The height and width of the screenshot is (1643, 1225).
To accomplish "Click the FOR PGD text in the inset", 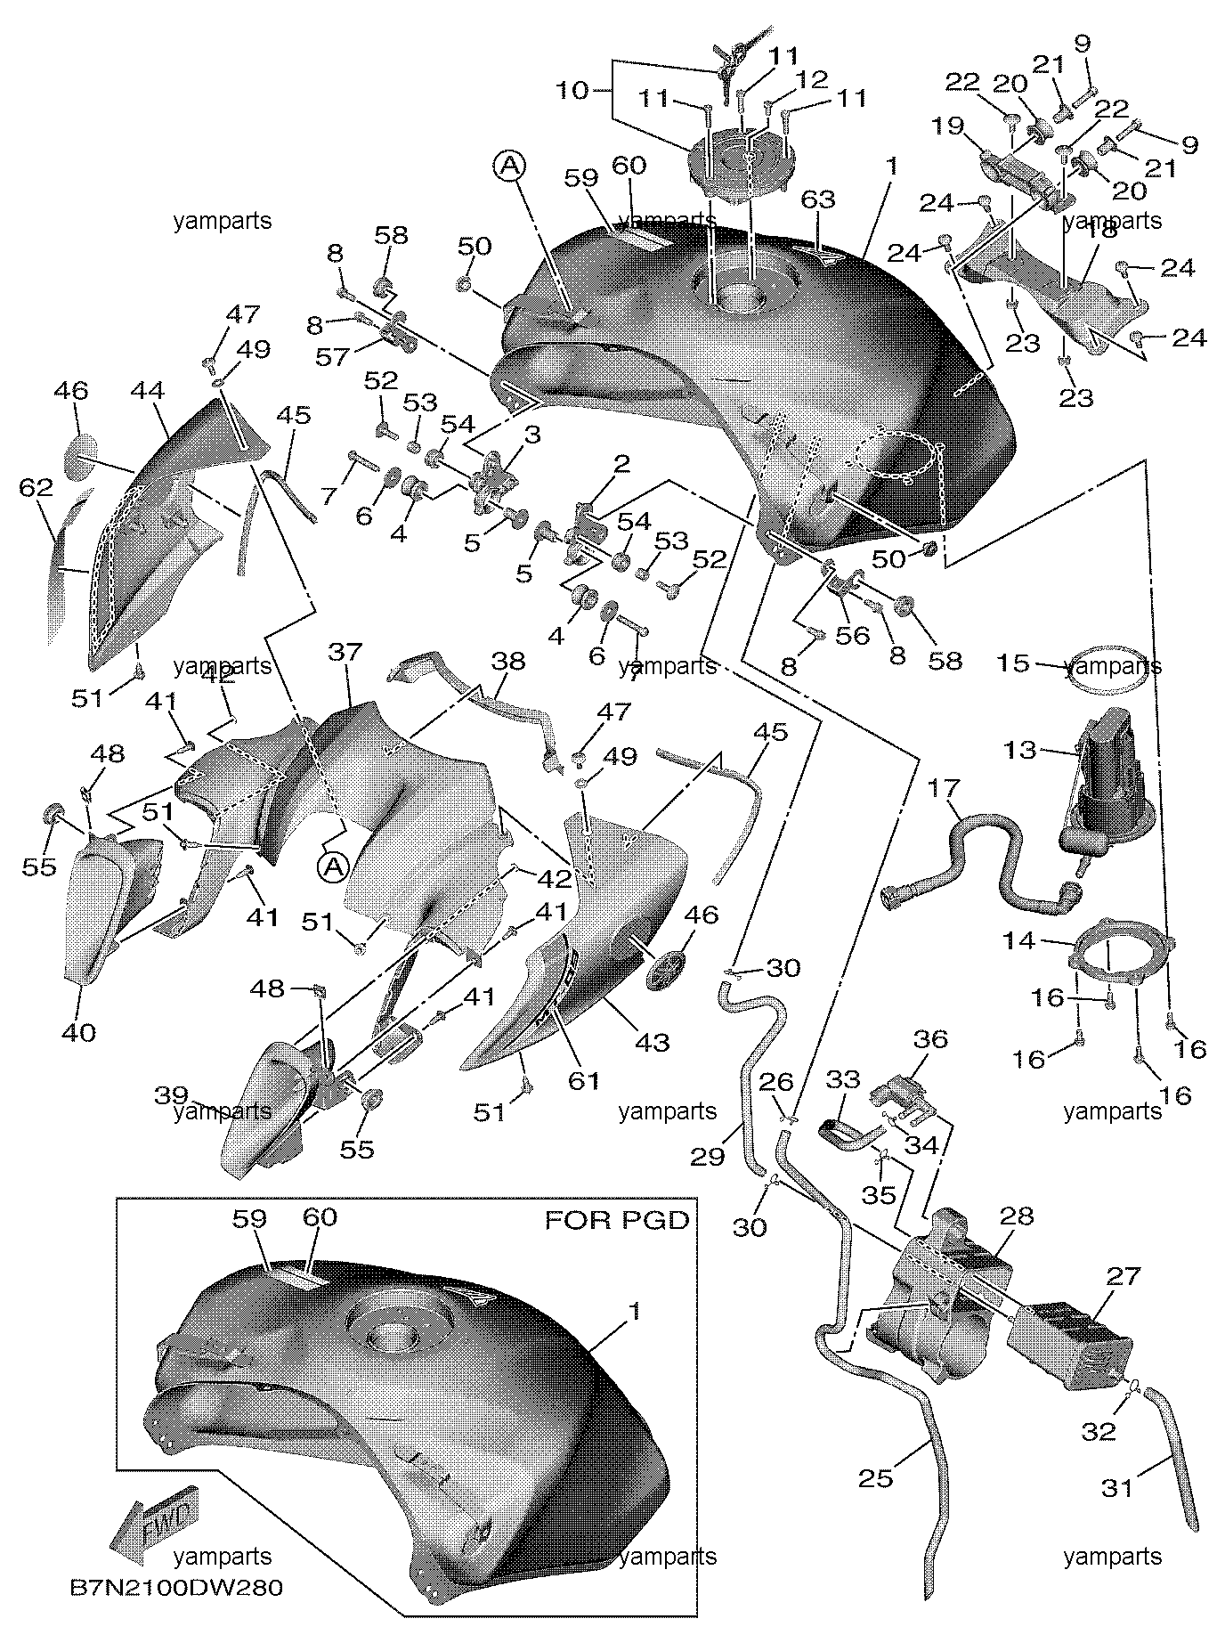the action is (617, 1219).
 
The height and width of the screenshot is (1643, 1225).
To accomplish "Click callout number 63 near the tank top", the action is (818, 199).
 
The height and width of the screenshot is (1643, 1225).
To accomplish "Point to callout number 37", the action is (345, 652).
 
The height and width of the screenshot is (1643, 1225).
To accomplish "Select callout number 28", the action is (1018, 1216).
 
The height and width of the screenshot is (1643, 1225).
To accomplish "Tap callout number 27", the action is (1123, 1276).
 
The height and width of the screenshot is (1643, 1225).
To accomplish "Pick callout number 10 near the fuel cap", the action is (573, 90).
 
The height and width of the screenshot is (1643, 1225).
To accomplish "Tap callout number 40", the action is (79, 1032).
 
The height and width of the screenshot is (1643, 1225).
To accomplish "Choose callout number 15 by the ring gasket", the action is (1013, 663).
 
